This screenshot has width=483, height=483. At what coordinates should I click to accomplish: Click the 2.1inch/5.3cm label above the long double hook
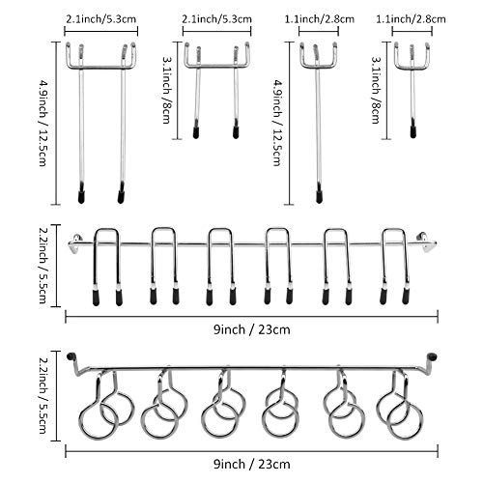pos(101,19)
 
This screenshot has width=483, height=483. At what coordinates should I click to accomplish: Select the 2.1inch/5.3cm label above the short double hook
pos(216,19)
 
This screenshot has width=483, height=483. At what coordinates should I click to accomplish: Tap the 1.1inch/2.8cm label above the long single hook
pos(319,19)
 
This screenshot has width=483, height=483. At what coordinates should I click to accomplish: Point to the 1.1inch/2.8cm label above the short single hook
pos(412,19)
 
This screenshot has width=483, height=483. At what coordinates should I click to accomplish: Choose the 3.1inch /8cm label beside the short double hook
pos(166,90)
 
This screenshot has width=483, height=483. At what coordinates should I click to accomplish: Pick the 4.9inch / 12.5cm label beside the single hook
pos(277,124)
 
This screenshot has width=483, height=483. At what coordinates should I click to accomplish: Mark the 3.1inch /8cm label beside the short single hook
pos(376,90)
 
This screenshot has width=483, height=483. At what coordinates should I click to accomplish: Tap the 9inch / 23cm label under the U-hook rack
pos(252,329)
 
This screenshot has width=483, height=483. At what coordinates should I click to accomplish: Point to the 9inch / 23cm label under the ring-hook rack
pos(252,465)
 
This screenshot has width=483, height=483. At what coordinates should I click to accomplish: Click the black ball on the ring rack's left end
pos(71,356)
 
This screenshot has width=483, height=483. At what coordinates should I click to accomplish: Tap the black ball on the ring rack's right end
pos(432,356)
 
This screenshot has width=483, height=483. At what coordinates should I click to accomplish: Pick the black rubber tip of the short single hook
pos(413,132)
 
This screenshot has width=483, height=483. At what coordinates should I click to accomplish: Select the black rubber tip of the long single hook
pos(319,196)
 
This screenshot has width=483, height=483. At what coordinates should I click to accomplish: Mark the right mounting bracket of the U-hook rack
pos(427,241)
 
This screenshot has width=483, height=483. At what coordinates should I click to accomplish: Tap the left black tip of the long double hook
pos(81,196)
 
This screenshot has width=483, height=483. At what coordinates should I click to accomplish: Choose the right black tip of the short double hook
pos(236,132)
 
